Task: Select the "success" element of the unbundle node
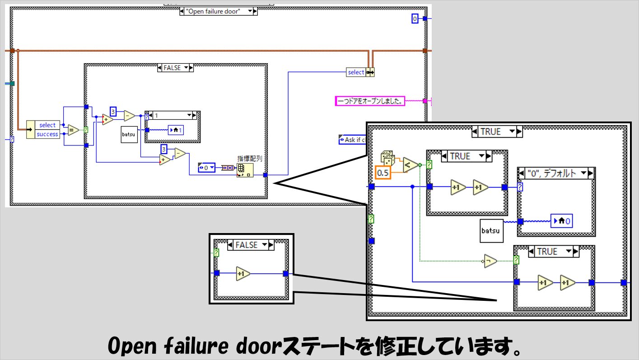pos(47,134)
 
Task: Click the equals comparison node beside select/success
pos(73,130)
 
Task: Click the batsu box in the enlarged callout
pos(490,230)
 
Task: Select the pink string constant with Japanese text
pos(370,101)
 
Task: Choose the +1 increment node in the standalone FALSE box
pos(243,274)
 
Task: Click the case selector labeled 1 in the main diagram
pos(169,116)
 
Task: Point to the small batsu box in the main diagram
pos(129,135)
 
